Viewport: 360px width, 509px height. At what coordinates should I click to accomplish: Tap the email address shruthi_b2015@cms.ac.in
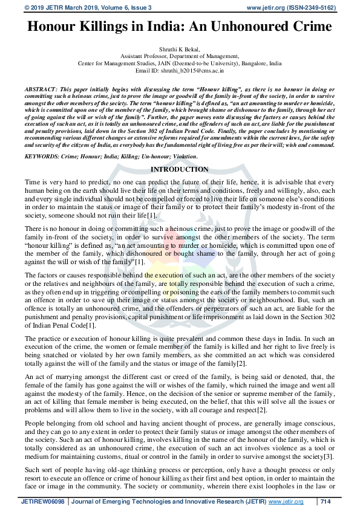196,71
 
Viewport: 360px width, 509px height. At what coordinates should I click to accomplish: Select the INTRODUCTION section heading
180,169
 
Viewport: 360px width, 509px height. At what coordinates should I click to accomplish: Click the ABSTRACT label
41,89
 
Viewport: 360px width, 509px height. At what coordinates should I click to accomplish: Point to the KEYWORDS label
42,156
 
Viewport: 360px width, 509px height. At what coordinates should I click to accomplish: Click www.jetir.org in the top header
266,7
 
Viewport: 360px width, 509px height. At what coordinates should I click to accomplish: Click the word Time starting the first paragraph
33,182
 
